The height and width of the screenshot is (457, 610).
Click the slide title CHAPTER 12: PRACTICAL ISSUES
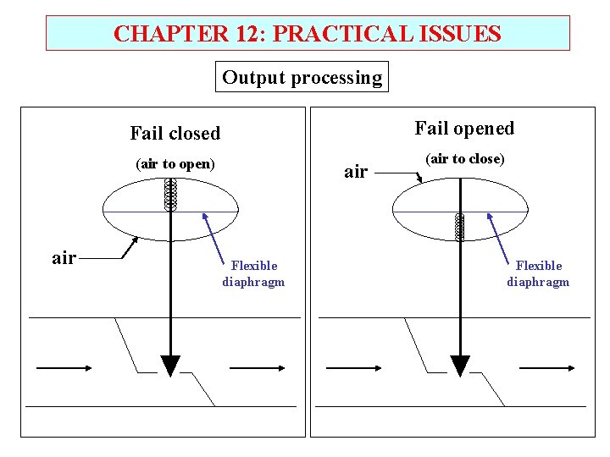click(x=307, y=34)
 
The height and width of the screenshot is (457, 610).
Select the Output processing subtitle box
click(x=302, y=78)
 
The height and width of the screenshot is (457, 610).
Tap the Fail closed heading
click(x=175, y=133)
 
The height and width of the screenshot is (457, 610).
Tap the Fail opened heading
click(x=463, y=128)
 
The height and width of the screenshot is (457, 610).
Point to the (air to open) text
click(x=175, y=163)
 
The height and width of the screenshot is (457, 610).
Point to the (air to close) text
click(x=464, y=158)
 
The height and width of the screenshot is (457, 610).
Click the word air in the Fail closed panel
click(x=64, y=258)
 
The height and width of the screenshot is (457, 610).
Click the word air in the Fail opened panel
click(x=356, y=172)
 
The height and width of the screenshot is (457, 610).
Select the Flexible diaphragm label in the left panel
click(x=253, y=273)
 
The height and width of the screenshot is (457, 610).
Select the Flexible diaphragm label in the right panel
click(x=538, y=273)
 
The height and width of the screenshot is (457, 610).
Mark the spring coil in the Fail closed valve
click(x=170, y=195)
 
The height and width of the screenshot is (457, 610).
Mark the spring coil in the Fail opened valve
click(x=460, y=227)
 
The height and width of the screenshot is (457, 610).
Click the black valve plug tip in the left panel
click(x=170, y=366)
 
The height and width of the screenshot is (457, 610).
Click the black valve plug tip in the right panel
click(x=460, y=366)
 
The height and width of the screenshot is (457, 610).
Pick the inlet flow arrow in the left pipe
click(x=64, y=368)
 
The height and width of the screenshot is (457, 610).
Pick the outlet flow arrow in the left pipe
click(x=258, y=368)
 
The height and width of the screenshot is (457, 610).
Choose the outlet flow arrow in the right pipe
click(x=547, y=368)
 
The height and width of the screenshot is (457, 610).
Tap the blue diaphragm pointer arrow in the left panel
click(x=216, y=233)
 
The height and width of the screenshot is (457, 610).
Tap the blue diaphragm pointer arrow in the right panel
click(x=502, y=233)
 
